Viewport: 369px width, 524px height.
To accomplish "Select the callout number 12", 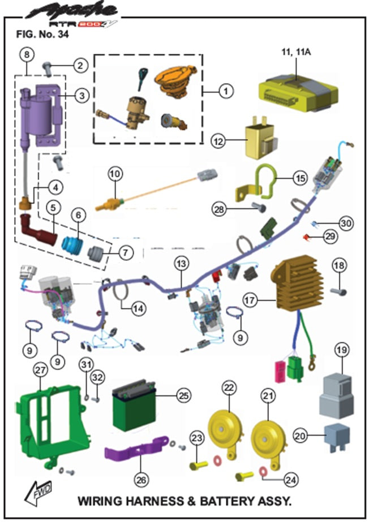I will click(219, 140).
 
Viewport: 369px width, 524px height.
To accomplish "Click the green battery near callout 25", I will click(136, 408).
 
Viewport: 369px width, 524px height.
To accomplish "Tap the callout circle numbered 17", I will click(250, 297).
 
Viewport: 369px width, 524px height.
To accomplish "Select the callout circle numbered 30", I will click(346, 223).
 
